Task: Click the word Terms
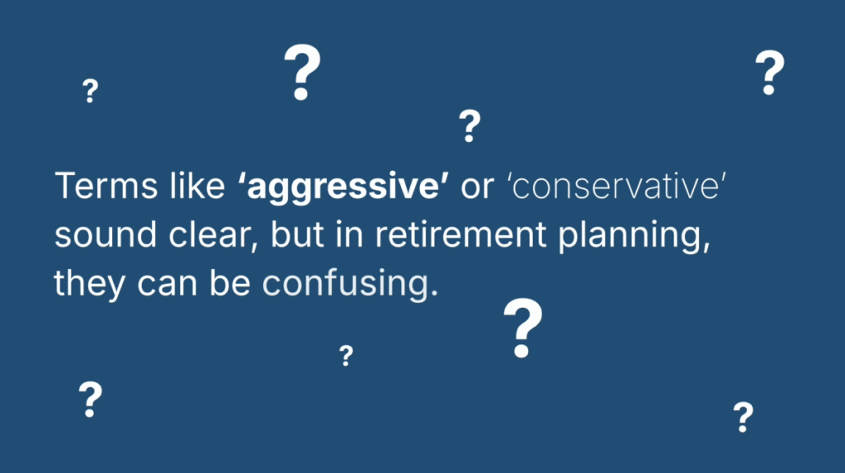[x=106, y=186]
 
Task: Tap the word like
[x=197, y=186]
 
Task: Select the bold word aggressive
[x=342, y=187]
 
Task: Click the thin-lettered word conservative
[x=616, y=187]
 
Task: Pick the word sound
[x=106, y=234]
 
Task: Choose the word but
[x=297, y=234]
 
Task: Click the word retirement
[x=460, y=234]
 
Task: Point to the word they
[x=89, y=284]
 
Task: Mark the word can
[x=167, y=286]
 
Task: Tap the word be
[x=229, y=282]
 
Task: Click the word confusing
[x=346, y=285]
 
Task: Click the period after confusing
[x=434, y=293]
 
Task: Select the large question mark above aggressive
[x=302, y=73]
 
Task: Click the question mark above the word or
[x=470, y=125]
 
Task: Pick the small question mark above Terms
[x=90, y=91]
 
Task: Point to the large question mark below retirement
[x=522, y=328]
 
